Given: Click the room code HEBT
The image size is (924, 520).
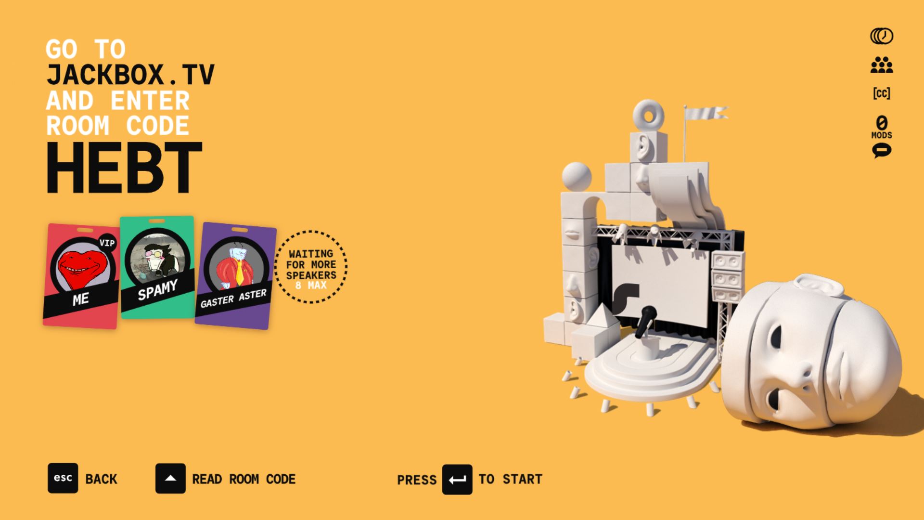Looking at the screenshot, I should tap(124, 168).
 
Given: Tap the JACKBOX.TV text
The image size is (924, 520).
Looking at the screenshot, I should tap(130, 75).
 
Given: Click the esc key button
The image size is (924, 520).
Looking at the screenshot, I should tap(63, 478).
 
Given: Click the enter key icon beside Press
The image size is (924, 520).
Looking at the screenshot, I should tap(457, 479).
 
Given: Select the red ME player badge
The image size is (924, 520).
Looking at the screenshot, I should tap(81, 276).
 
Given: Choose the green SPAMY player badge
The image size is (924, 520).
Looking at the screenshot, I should tap(157, 267).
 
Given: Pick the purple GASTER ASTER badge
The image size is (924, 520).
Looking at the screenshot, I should tap(235, 276).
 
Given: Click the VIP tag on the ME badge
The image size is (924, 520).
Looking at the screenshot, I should tap(107, 243).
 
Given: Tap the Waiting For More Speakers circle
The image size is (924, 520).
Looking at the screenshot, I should tap(311, 267).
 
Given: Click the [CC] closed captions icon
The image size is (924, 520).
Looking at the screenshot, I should tap(881, 93).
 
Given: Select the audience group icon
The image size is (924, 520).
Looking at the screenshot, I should tap(881, 65).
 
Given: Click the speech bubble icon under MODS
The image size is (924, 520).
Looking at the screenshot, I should tap(881, 151).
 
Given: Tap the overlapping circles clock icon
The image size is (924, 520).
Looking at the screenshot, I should tap(881, 36).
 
